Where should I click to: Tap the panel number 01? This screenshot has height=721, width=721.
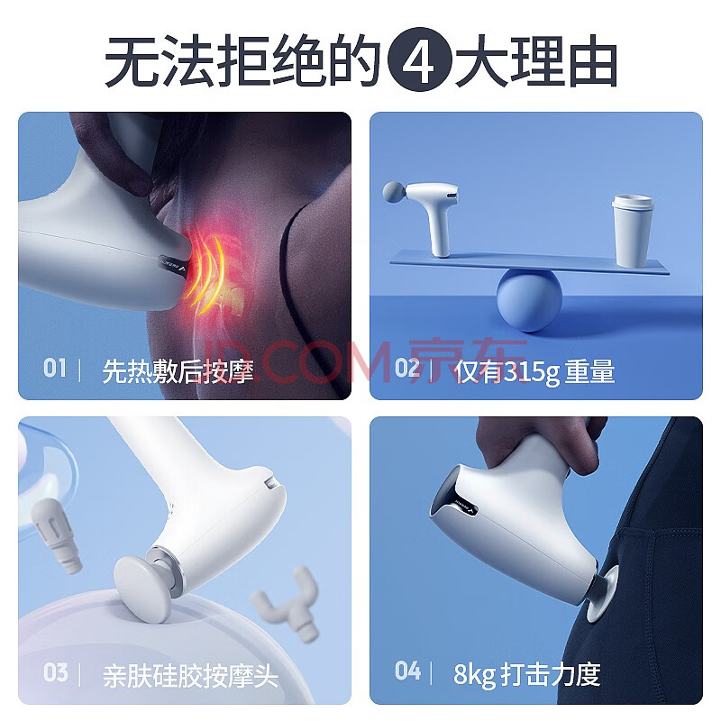pyautogui.click(x=55, y=369)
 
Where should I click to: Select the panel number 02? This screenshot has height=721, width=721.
pyautogui.click(x=407, y=369)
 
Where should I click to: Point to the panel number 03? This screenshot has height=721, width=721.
pyautogui.click(x=55, y=672)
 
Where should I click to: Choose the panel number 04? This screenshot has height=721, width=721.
pyautogui.click(x=407, y=671)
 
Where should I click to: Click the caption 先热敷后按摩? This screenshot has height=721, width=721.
pyautogui.click(x=178, y=371)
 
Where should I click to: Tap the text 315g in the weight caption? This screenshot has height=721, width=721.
pyautogui.click(x=531, y=371)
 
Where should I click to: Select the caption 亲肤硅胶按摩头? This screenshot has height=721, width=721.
pyautogui.click(x=190, y=675)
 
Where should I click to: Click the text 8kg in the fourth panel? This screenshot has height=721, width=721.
pyautogui.click(x=474, y=674)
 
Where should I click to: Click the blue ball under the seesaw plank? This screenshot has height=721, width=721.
pyautogui.click(x=530, y=300)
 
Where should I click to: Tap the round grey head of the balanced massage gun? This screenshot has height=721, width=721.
pyautogui.click(x=395, y=192)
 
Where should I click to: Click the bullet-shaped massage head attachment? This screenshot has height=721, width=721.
pyautogui.click(x=57, y=535)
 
